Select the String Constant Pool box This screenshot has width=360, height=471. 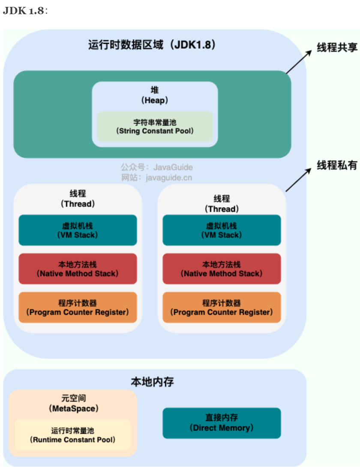click(x=155, y=127)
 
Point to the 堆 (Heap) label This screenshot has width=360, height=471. click(x=155, y=95)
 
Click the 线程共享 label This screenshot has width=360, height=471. click(x=337, y=47)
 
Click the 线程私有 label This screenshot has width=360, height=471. click(x=337, y=165)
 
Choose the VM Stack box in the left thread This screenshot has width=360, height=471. click(x=78, y=230)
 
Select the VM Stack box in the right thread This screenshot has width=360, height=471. click(x=222, y=230)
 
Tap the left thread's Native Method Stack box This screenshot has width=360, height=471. click(x=78, y=269)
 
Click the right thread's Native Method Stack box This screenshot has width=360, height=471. click(x=222, y=269)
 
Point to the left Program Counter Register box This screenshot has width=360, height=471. click(x=78, y=307)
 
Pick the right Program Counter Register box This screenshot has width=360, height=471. click(x=222, y=307)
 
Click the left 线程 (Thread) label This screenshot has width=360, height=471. click(x=78, y=199)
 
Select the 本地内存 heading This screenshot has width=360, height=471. click(x=152, y=382)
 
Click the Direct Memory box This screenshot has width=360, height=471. click(x=222, y=423)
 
